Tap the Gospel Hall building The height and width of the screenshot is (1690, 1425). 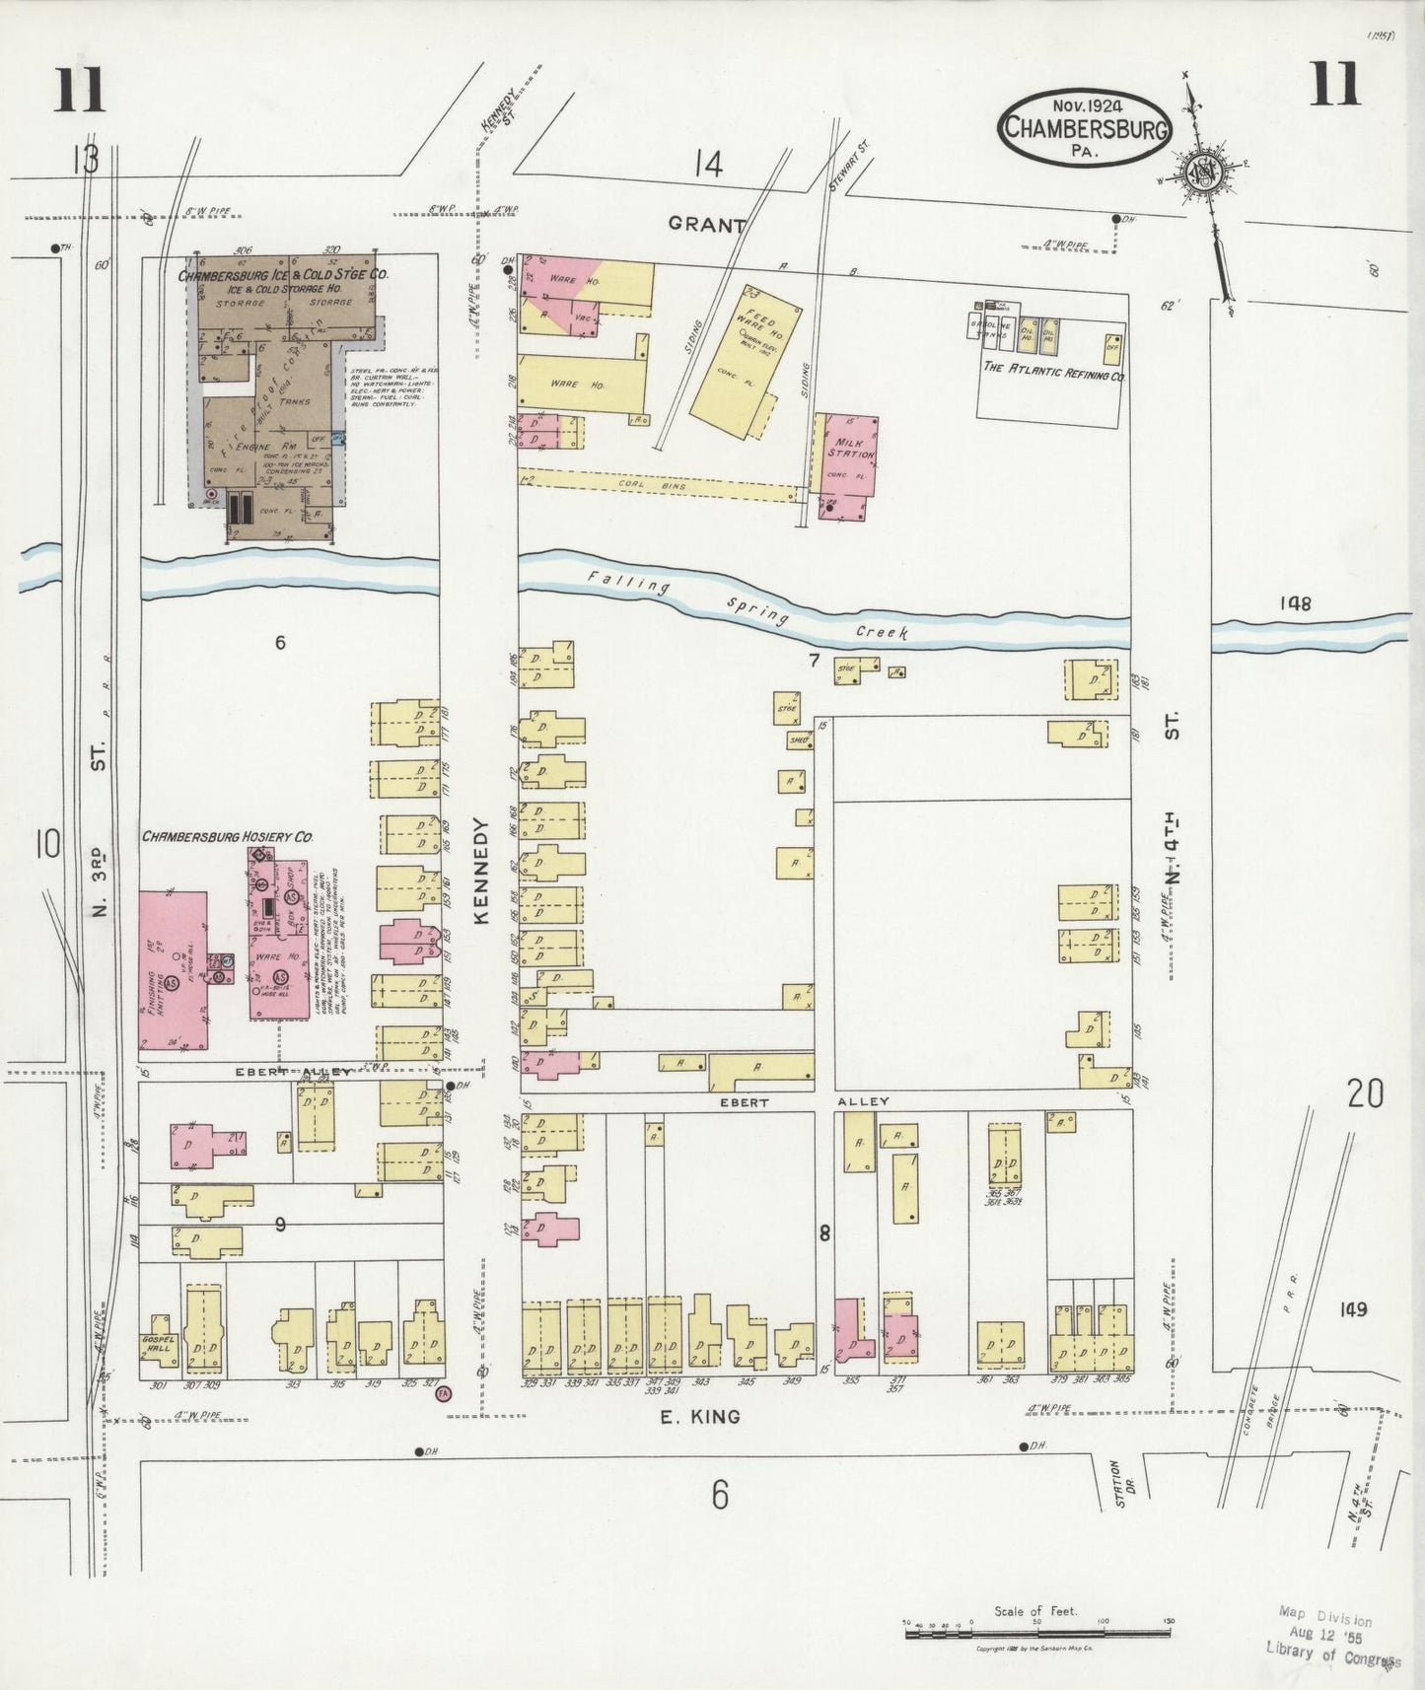point(157,1341)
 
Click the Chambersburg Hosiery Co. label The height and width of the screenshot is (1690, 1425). point(228,836)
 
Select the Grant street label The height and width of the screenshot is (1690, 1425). point(706,225)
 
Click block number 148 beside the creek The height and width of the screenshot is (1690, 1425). point(1296,603)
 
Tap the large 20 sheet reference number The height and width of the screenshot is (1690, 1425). point(1365,1093)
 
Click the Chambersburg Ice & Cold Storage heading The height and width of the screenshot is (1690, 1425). point(282,277)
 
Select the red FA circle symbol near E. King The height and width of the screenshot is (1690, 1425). point(444,1392)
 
